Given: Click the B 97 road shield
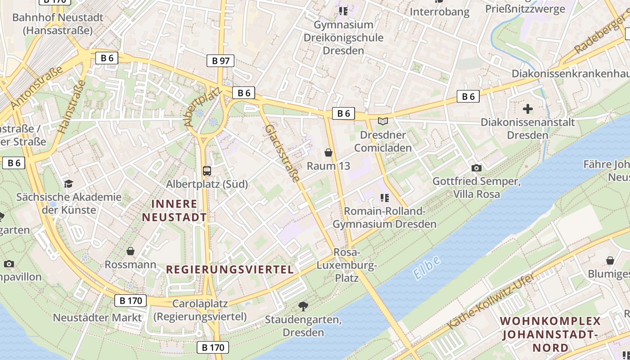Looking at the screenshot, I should [220, 61].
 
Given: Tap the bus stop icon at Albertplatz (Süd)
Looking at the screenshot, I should [207, 171].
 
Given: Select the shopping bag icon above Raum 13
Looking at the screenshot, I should [328, 153].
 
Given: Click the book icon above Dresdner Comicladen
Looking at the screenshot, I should [382, 121].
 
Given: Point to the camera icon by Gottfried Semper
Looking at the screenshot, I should [477, 168].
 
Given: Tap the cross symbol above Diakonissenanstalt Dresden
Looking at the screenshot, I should [528, 108].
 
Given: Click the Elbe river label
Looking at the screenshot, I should [426, 268].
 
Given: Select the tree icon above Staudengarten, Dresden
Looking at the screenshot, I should [303, 306].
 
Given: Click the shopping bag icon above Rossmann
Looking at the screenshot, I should [130, 251].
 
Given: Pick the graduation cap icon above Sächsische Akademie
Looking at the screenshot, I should [68, 183].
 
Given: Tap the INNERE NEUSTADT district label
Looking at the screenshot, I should [175, 211].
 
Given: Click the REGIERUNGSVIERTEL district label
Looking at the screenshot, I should [230, 270].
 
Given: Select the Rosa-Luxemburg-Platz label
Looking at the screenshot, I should [346, 265].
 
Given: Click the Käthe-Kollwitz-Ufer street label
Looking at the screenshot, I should [491, 300].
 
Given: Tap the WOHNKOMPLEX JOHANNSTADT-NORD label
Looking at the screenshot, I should [550, 334].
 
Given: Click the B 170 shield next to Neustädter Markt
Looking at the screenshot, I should [130, 301].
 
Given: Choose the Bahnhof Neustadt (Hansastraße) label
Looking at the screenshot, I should [58, 24].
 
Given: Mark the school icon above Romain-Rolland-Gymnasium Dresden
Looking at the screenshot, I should [384, 197].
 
